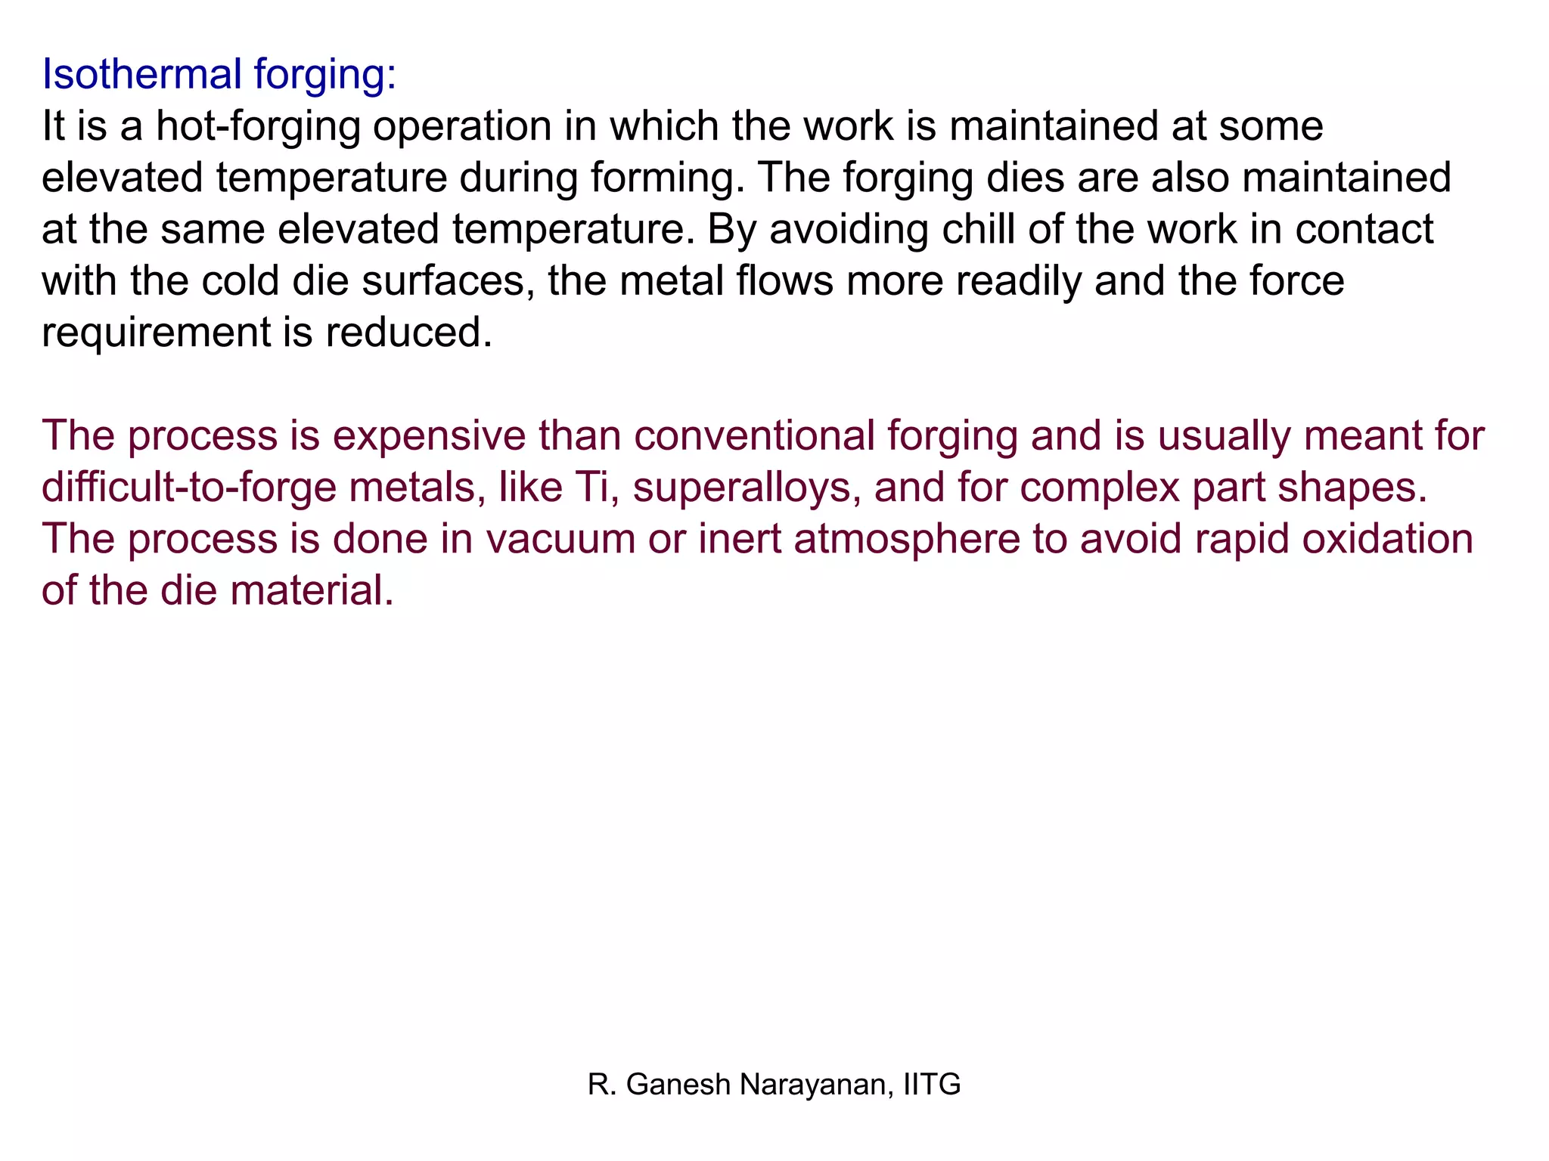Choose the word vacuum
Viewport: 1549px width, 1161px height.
coord(560,539)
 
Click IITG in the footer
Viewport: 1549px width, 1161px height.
coord(932,1085)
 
